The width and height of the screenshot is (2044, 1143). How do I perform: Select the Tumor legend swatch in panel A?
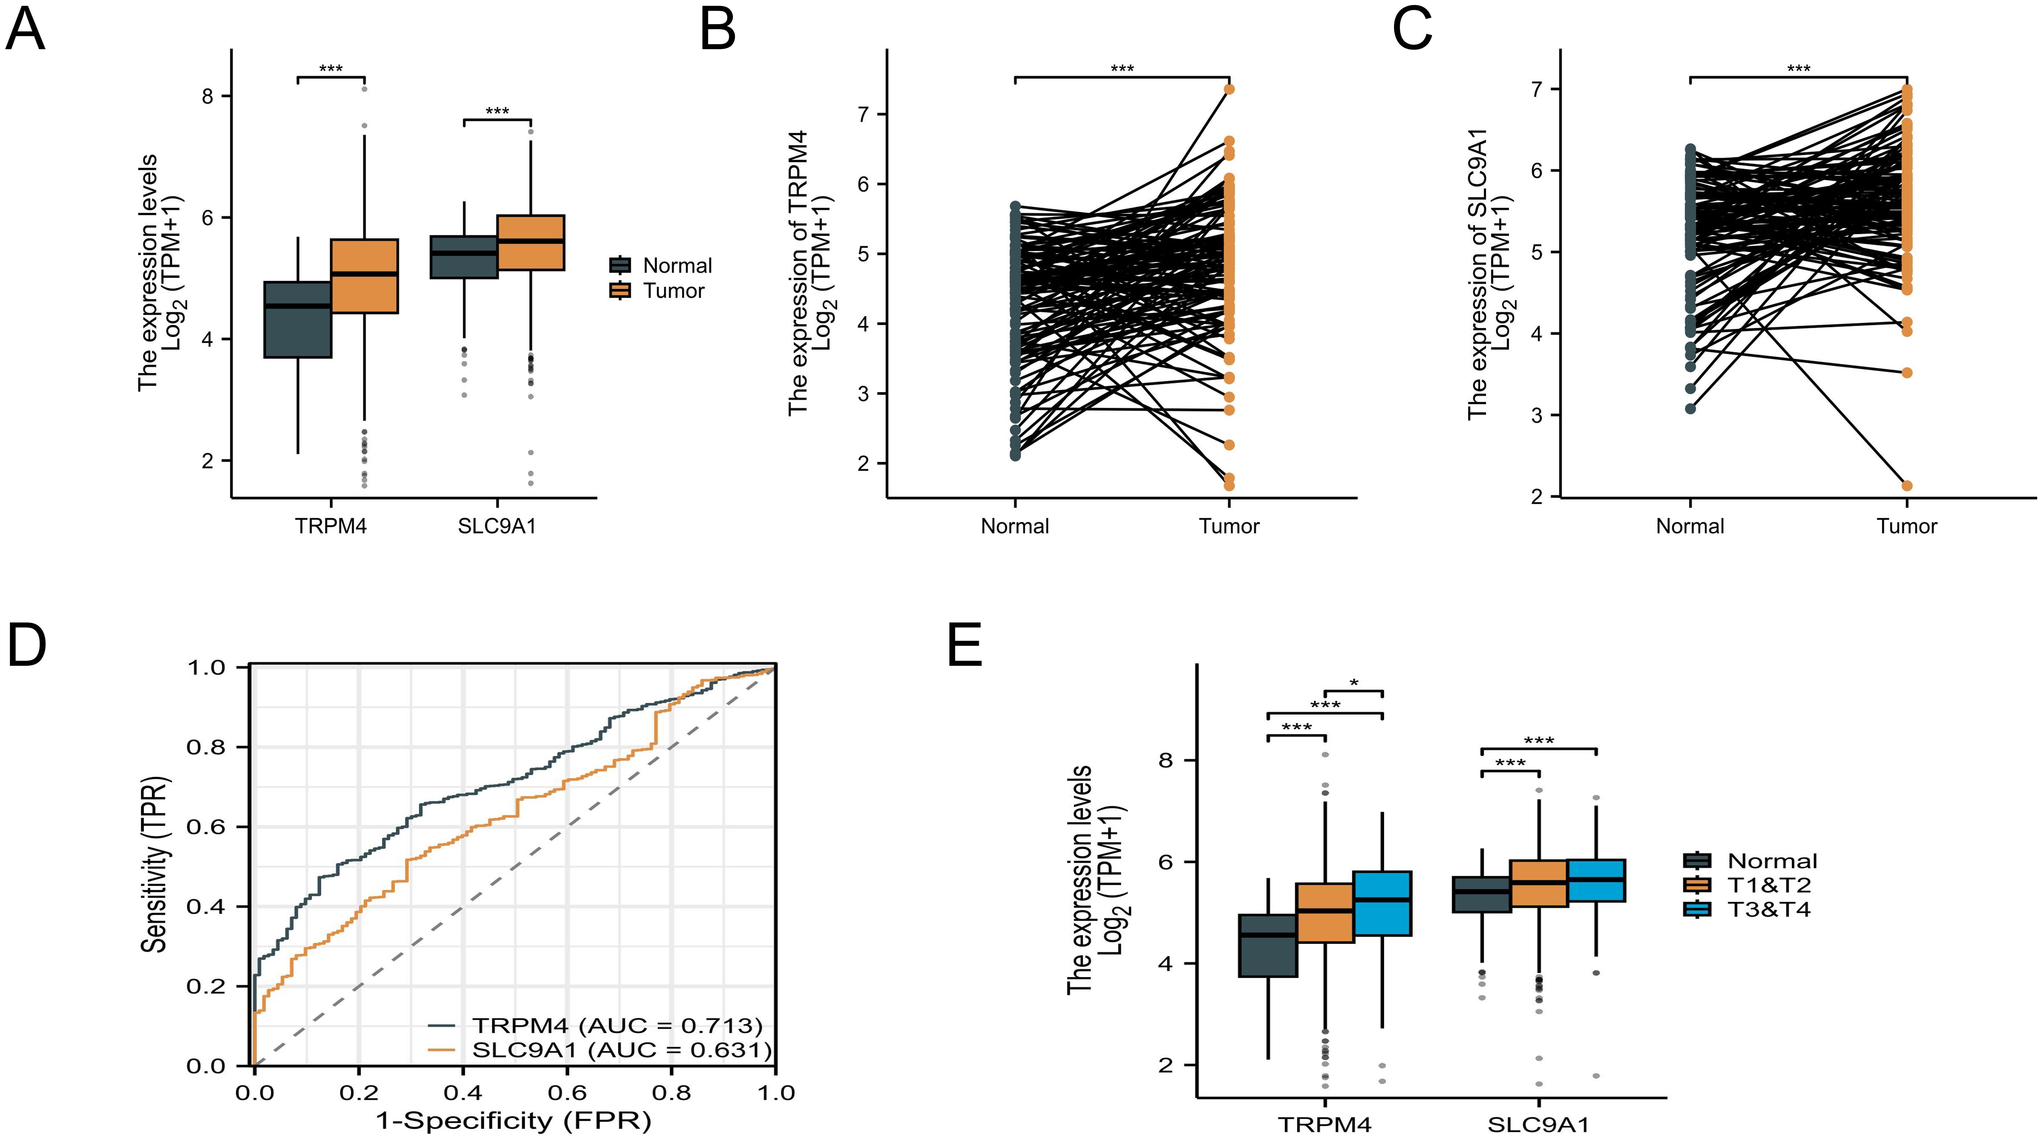(x=620, y=290)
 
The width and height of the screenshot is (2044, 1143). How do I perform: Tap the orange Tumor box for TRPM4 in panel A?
(x=364, y=276)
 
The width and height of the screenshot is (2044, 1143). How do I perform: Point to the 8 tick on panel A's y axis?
(x=208, y=96)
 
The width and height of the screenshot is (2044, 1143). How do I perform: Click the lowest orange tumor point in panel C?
(x=1907, y=486)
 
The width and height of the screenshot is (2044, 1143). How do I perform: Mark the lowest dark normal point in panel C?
(x=1691, y=409)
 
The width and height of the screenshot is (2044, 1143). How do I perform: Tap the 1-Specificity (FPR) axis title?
(x=513, y=1121)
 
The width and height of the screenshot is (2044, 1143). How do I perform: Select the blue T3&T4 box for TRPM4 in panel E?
(x=1382, y=903)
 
